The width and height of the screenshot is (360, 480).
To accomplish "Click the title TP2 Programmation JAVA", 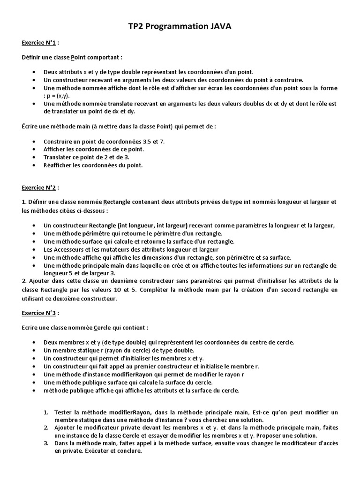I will [x=180, y=27].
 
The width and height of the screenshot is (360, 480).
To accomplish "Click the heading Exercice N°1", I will [x=39, y=43].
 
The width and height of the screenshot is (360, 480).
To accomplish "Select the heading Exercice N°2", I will [x=39, y=187].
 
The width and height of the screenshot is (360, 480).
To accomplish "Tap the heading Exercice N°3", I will [x=39, y=312].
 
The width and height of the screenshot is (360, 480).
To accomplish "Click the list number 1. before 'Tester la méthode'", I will [x=46, y=412].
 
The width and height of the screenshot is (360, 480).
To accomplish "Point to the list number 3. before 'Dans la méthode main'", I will [x=46, y=443].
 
